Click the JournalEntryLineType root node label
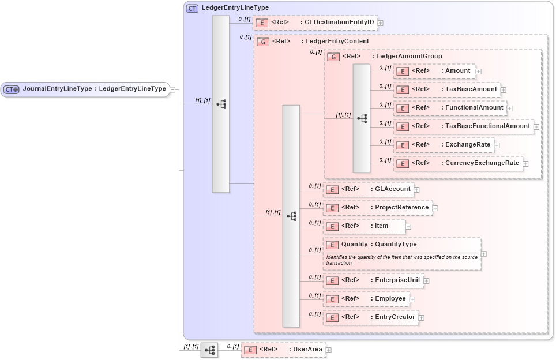tap(94, 89)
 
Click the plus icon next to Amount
tap(479, 72)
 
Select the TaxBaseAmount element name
tap(471, 89)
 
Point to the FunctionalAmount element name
tap(474, 108)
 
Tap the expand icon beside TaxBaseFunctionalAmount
tap(536, 126)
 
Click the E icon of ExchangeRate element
tap(403, 145)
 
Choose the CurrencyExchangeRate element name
tap(482, 163)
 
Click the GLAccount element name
tap(392, 189)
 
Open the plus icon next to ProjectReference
tap(435, 208)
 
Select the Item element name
tap(381, 226)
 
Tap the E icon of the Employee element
tap(332, 299)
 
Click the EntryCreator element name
tap(395, 317)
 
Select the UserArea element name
tap(305, 350)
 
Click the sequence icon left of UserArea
tap(209, 350)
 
